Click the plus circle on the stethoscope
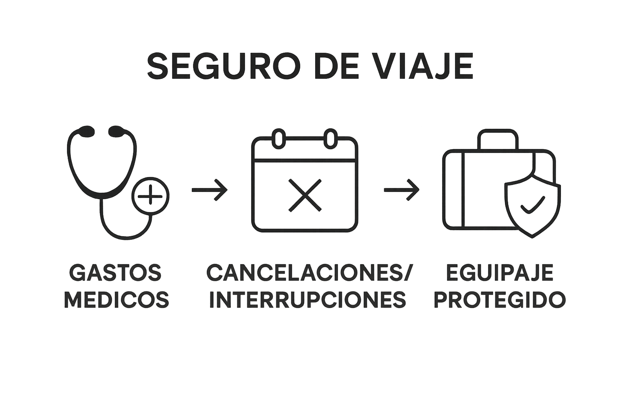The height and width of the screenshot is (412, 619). click(150, 196)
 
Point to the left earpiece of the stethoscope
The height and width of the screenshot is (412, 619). click(87, 131)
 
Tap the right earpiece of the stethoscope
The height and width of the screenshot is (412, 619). click(116, 131)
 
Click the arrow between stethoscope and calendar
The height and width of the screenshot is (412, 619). click(210, 190)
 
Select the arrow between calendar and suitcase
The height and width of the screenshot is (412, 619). click(401, 190)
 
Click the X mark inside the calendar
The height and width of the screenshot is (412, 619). click(305, 196)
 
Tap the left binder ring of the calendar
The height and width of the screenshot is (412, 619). click(279, 139)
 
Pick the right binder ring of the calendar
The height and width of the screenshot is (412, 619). click(330, 139)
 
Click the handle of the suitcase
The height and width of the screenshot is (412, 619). click(498, 139)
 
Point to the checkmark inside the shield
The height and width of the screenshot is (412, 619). click(532, 205)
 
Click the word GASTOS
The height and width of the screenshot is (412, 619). click(115, 273)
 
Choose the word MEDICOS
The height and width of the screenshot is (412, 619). click(116, 299)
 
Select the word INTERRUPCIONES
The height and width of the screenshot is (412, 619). click(307, 299)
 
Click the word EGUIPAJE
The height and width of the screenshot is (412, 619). click(500, 273)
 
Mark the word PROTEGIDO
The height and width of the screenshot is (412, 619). click(500, 299)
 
